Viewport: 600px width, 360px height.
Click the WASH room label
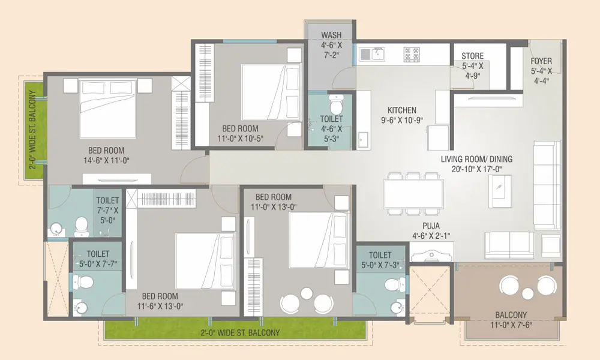pyautogui.click(x=331, y=35)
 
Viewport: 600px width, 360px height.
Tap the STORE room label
pyautogui.click(x=473, y=56)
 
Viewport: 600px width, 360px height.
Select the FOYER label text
pyautogui.click(x=541, y=61)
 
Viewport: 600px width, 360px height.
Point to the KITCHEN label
pyautogui.click(x=402, y=110)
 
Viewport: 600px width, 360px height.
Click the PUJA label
pyautogui.click(x=431, y=226)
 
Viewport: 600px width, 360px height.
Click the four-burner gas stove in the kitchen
pyautogui.click(x=412, y=55)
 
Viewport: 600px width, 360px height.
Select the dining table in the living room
pyautogui.click(x=413, y=194)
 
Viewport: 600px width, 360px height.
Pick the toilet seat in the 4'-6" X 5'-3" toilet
pyautogui.click(x=337, y=102)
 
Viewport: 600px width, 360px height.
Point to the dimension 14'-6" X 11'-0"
pyautogui.click(x=106, y=161)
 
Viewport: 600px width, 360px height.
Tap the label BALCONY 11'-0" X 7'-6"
pyautogui.click(x=511, y=320)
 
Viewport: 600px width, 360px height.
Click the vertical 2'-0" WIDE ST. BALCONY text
pyautogui.click(x=33, y=130)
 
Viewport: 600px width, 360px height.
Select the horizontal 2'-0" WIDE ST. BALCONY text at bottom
pyautogui.click(x=240, y=332)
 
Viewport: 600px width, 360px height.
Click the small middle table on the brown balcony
pyautogui.click(x=527, y=293)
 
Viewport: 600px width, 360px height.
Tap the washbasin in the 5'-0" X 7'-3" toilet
pyautogui.click(x=398, y=307)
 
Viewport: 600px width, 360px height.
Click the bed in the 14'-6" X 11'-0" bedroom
pyautogui.click(x=108, y=108)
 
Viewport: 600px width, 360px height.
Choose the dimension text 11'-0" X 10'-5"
pyautogui.click(x=241, y=139)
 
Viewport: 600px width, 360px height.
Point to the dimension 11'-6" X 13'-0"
pyautogui.click(x=160, y=306)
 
